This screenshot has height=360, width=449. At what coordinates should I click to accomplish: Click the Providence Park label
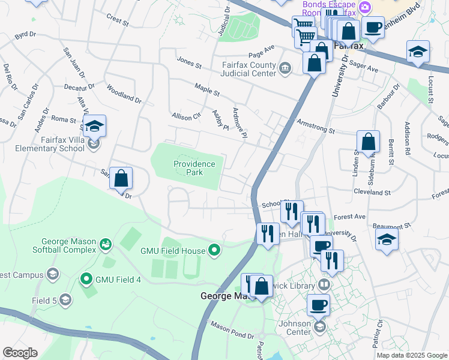pos(194,168)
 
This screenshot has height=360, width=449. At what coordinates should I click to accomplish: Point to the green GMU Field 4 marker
pos(86,278)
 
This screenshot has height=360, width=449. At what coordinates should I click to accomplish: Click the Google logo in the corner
pos(20,353)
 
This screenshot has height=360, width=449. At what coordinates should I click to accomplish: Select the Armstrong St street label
pos(315,126)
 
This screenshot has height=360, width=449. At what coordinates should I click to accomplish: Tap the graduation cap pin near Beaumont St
pos(387,241)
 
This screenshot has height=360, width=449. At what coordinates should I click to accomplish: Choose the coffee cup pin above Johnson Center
pos(319,304)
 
